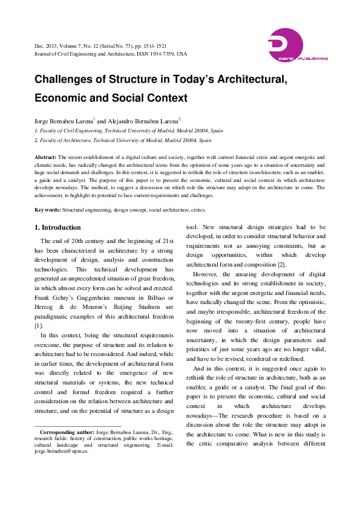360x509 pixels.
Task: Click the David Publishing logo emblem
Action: [285, 44]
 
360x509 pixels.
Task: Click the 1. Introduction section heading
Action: [57, 227]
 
